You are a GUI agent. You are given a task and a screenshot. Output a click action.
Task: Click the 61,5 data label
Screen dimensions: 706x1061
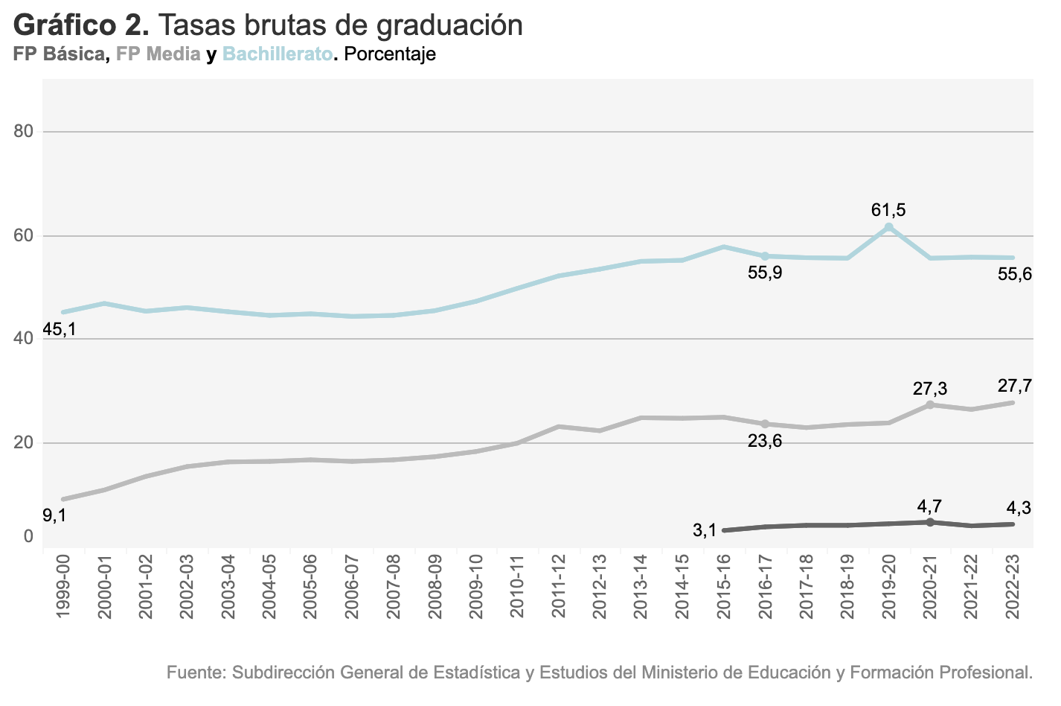888,210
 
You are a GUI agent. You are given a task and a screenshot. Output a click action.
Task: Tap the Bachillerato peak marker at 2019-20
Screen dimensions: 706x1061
889,226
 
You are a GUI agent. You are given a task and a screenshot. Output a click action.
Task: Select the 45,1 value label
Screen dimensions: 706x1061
60,328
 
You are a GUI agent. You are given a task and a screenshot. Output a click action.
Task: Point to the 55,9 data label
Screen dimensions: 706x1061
765,273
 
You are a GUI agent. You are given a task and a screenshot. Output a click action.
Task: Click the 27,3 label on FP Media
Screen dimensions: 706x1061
930,388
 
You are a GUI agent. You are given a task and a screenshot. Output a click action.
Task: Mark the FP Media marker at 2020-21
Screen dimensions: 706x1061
930,404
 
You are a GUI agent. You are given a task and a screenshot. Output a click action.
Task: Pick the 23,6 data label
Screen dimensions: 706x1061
765,441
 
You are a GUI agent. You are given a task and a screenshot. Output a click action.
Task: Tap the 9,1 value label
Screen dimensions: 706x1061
54,515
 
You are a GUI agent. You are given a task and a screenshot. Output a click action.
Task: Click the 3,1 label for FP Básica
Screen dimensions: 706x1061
704,530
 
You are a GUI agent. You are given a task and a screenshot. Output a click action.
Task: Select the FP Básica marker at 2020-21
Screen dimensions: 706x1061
930,522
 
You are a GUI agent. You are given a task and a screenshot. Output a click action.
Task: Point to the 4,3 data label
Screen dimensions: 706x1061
1018,508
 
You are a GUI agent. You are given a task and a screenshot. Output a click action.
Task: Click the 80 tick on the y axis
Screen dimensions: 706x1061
24,132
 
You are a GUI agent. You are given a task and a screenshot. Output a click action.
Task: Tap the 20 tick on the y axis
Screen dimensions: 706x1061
24,442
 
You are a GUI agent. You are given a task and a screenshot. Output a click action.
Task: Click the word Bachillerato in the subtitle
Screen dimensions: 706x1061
278,54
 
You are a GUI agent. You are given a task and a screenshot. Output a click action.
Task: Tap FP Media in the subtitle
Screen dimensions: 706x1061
158,54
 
